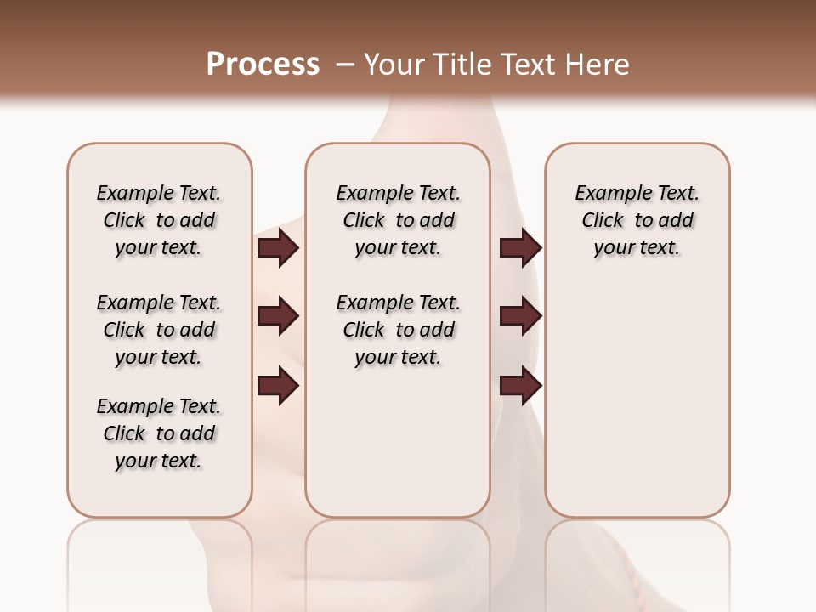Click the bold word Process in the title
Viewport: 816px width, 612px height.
pyautogui.click(x=263, y=65)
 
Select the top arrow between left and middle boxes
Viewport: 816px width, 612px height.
pyautogui.click(x=278, y=248)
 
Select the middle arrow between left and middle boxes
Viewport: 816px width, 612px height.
pyautogui.click(x=278, y=317)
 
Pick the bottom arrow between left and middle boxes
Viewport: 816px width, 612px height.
pyautogui.click(x=278, y=387)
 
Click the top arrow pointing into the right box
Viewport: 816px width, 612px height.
pyautogui.click(x=520, y=248)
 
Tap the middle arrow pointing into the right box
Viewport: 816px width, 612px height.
pyautogui.click(x=520, y=317)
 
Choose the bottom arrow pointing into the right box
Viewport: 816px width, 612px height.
pyautogui.click(x=520, y=387)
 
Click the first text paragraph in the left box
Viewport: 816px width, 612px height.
pyautogui.click(x=159, y=220)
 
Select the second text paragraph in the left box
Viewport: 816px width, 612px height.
pyautogui.click(x=159, y=330)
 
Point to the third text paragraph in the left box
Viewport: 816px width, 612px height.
pyautogui.click(x=159, y=433)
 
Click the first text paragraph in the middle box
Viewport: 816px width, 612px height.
pyautogui.click(x=398, y=220)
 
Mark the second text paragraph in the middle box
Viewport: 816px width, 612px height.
pyautogui.click(x=398, y=330)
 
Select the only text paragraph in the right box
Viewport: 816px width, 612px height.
pyautogui.click(x=637, y=220)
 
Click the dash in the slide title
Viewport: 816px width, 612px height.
pyautogui.click(x=345, y=65)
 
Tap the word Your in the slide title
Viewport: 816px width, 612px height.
pyautogui.click(x=396, y=65)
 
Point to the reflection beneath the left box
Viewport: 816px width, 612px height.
pyautogui.click(x=160, y=561)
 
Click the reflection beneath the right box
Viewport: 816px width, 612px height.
pyautogui.click(x=637, y=561)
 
